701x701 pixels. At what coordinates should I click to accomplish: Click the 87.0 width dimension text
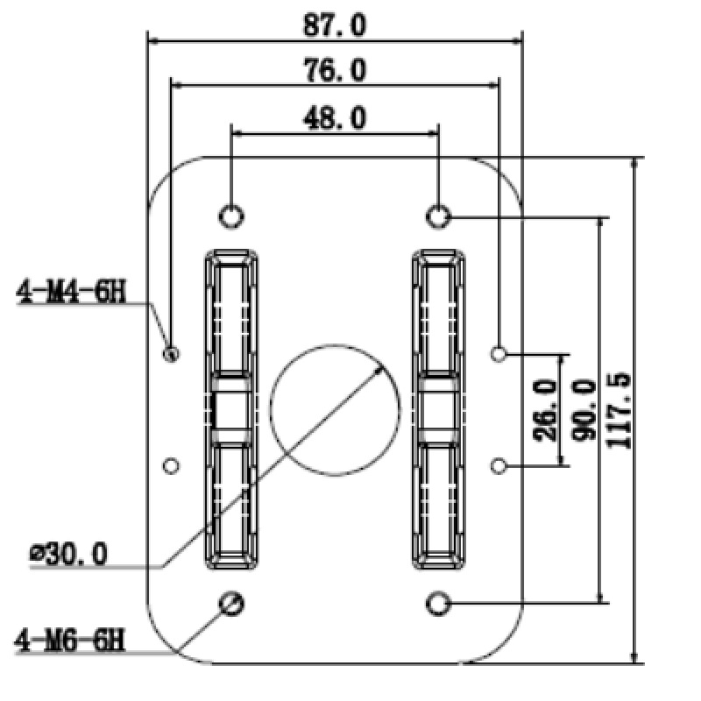(x=335, y=25)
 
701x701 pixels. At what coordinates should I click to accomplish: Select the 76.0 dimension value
(x=335, y=71)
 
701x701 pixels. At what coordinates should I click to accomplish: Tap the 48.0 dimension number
(x=335, y=117)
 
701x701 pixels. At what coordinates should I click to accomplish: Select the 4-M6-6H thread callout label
(x=70, y=641)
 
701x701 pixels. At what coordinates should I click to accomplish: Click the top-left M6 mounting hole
(x=231, y=215)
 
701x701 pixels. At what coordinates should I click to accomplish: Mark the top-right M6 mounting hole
(x=439, y=215)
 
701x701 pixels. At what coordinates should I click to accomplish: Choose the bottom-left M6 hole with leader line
(x=232, y=603)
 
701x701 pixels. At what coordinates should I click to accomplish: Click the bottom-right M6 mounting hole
(x=439, y=603)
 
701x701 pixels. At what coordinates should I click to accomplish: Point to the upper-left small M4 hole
(x=172, y=354)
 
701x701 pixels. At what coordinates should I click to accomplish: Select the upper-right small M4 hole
(x=499, y=354)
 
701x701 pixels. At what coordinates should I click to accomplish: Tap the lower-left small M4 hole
(x=172, y=464)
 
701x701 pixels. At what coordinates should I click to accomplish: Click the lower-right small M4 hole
(x=499, y=464)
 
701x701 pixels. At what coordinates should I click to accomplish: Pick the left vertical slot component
(x=232, y=409)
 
